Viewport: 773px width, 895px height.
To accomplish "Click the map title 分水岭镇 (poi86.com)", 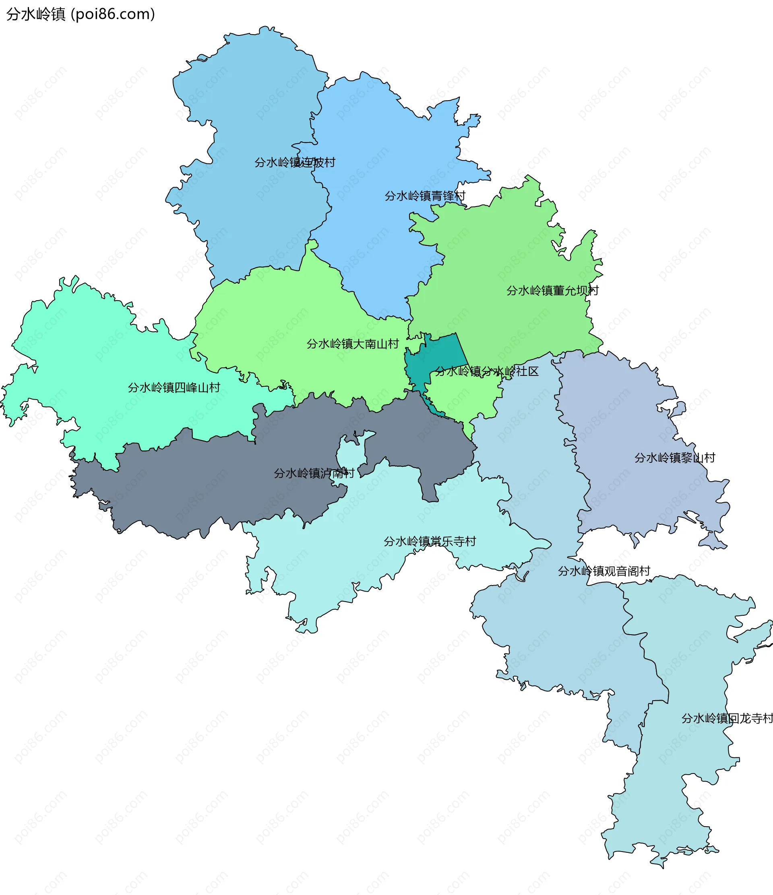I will point(81,14).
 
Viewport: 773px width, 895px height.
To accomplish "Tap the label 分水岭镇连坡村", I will point(295,163).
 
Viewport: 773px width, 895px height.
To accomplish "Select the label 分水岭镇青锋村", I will point(425,196).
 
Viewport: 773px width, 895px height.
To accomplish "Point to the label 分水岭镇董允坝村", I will point(552,290).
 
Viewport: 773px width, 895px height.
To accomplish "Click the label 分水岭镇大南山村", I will point(352,344).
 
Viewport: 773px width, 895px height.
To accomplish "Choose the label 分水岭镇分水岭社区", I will point(486,371).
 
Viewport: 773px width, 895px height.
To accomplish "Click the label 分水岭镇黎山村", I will point(674,458).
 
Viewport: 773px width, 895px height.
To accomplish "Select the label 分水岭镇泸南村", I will point(314,473).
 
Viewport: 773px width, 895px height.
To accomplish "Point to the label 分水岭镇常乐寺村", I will point(430,541).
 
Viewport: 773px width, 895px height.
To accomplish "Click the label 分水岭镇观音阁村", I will point(604,571).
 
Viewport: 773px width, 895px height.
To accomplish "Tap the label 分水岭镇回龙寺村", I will point(727,718).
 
